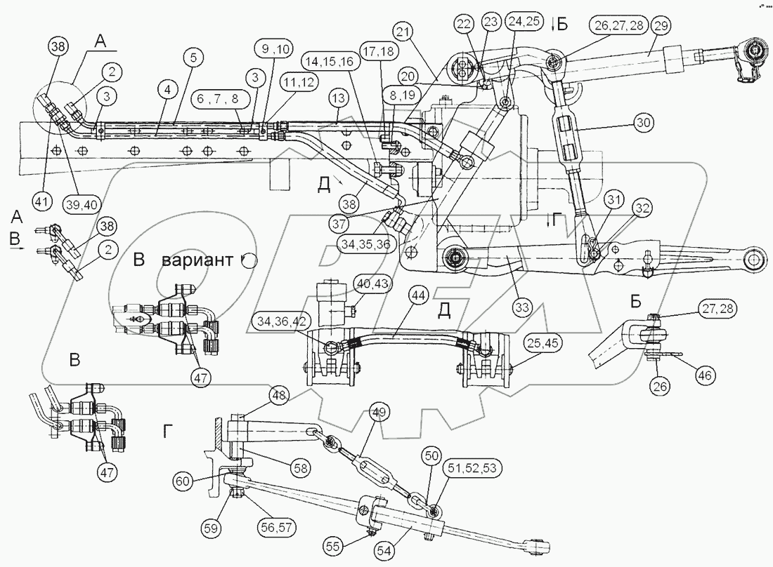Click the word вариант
pyautogui.click(x=199, y=260)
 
